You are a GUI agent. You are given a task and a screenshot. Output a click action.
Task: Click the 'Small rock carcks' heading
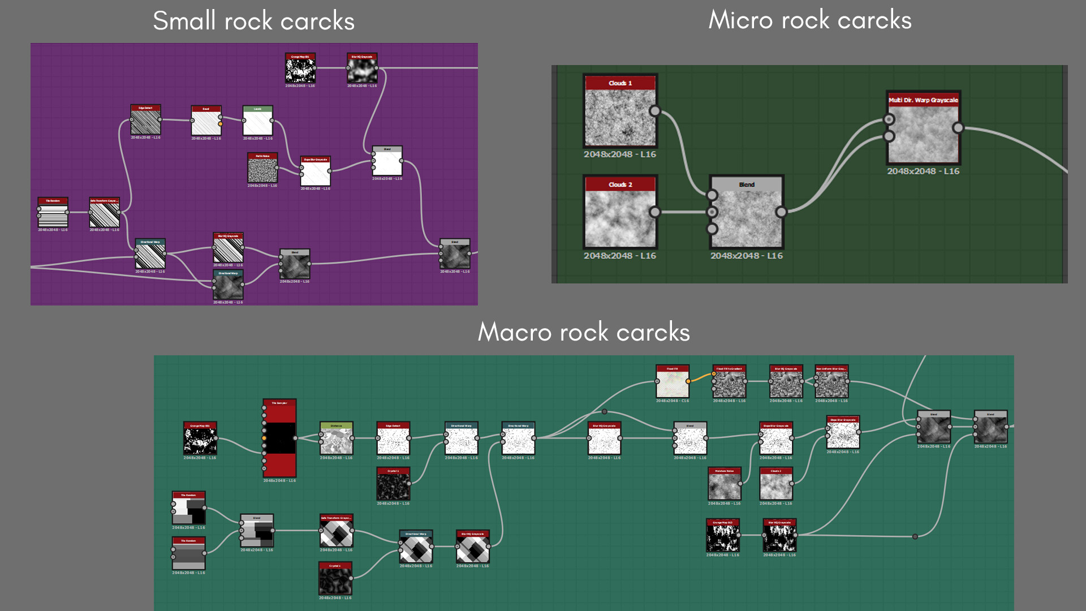(253, 21)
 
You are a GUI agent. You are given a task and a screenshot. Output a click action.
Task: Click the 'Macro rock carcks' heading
(584, 332)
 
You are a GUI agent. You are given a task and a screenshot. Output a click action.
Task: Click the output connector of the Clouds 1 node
(654, 111)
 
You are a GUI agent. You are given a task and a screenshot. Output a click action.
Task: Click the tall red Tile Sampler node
(279, 438)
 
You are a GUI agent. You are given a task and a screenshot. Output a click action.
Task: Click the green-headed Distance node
(336, 441)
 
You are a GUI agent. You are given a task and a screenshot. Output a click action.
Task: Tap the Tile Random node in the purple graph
(53, 214)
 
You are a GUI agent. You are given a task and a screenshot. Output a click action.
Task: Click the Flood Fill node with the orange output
(672, 382)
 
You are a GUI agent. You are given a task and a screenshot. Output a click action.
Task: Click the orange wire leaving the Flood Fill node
(701, 376)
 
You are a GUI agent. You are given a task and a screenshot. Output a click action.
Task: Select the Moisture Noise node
(724, 486)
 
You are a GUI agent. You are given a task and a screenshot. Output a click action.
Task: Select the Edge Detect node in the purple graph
(145, 121)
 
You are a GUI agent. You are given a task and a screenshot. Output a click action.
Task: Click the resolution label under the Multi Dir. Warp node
(923, 171)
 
